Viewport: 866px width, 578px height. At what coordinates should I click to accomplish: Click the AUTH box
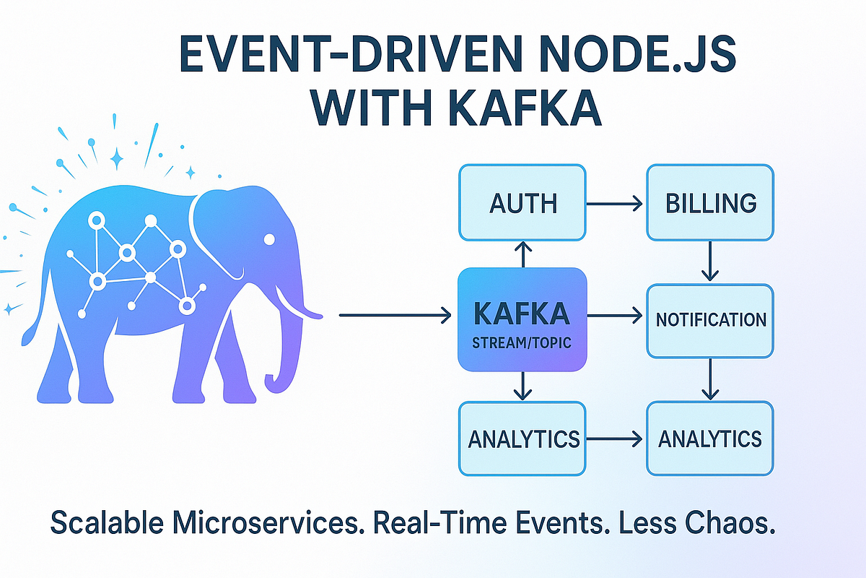pos(522,203)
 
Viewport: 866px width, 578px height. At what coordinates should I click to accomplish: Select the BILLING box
pos(710,203)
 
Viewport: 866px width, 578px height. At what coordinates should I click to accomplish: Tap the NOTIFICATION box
pos(710,321)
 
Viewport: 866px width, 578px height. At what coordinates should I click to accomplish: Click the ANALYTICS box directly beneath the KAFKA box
pos(522,439)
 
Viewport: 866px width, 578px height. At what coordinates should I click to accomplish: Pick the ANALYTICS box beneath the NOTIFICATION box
pos(710,439)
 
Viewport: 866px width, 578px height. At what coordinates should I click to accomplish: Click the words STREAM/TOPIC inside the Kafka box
pos(521,343)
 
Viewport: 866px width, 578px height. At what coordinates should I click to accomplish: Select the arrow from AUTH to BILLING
pos(616,205)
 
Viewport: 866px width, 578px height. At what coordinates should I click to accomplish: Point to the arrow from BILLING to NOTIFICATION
pos(710,262)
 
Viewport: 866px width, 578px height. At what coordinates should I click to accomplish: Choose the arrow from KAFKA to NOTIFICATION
pos(615,316)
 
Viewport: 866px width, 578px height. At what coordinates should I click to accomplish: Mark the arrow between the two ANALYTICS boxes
pos(615,439)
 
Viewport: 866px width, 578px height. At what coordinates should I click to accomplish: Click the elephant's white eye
pos(269,239)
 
